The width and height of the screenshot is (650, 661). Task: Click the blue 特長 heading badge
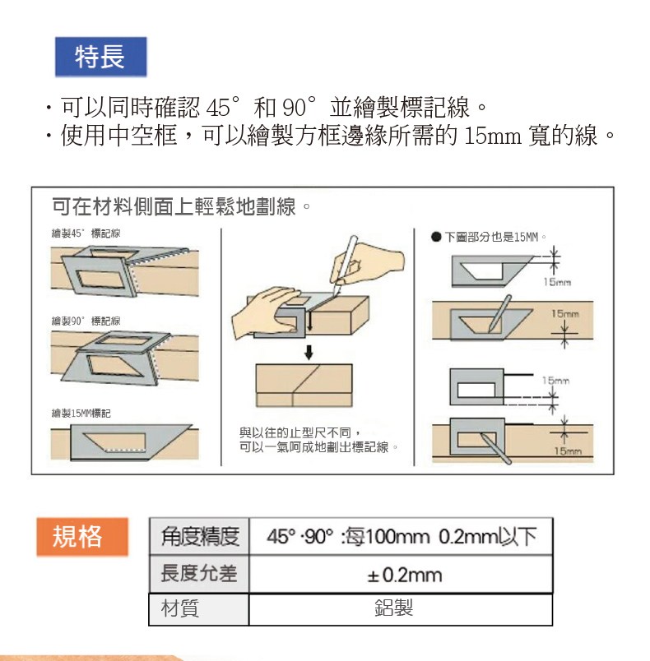point(101,57)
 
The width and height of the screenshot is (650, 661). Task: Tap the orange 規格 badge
point(82,537)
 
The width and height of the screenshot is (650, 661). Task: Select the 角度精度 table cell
point(199,536)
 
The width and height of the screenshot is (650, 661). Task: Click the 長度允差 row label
point(199,574)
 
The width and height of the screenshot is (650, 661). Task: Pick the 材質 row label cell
point(198,609)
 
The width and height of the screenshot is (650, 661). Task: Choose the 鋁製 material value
point(393,608)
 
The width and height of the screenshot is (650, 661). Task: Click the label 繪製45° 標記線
point(86,233)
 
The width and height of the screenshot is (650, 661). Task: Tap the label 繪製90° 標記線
point(86,321)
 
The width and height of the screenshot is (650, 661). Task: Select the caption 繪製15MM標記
point(81,413)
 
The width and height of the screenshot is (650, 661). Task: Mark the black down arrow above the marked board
point(309,353)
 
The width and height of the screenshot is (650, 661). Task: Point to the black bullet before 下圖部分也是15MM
point(436,237)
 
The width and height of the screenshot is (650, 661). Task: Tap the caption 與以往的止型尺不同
point(299,432)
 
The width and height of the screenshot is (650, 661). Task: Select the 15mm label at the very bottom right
point(568,451)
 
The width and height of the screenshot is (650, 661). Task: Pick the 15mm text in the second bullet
point(492,136)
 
